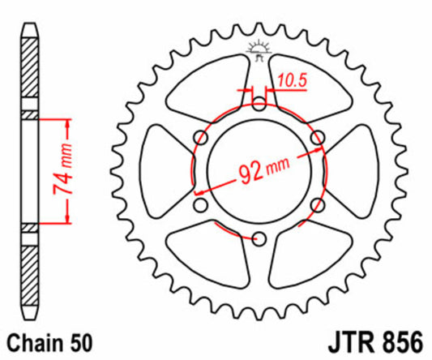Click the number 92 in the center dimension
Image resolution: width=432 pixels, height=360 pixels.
(250, 173)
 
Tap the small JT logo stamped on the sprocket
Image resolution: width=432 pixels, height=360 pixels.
(259, 49)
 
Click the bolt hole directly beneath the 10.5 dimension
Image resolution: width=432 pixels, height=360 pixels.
(259, 103)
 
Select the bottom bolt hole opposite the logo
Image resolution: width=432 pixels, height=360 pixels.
(259, 238)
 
